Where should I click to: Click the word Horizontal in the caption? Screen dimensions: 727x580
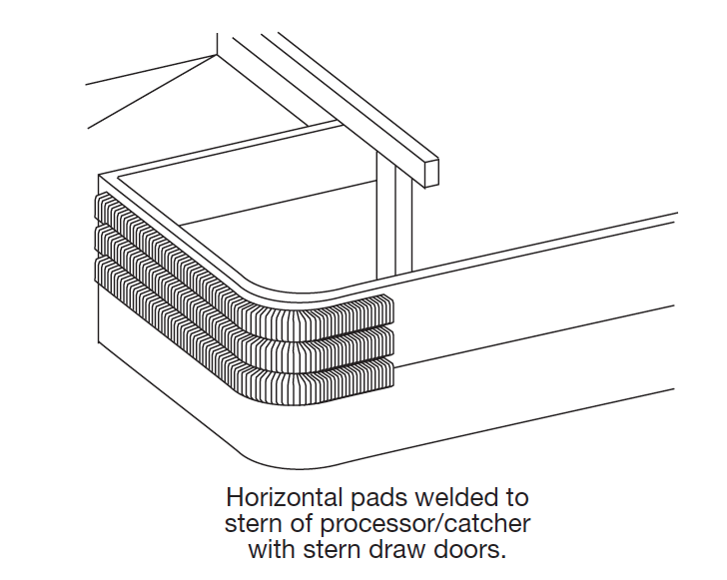[285, 498]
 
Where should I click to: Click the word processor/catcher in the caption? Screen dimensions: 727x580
[424, 525]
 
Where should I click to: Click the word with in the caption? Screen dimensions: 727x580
[273, 550]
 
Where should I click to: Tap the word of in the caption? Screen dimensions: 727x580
[301, 524]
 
